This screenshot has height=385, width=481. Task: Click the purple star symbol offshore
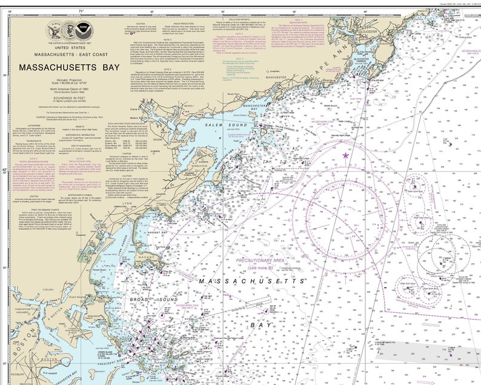[346, 155]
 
